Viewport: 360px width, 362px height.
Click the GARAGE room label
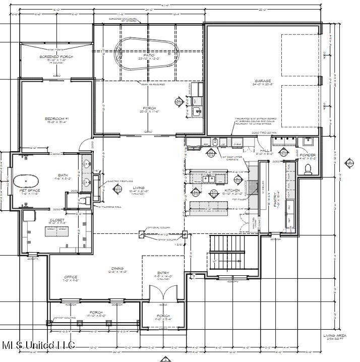click(x=263, y=81)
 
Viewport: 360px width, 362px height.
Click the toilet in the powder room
click(x=309, y=169)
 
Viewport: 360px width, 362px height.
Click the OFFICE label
click(x=70, y=277)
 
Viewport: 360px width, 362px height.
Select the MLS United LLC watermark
click(x=38, y=345)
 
